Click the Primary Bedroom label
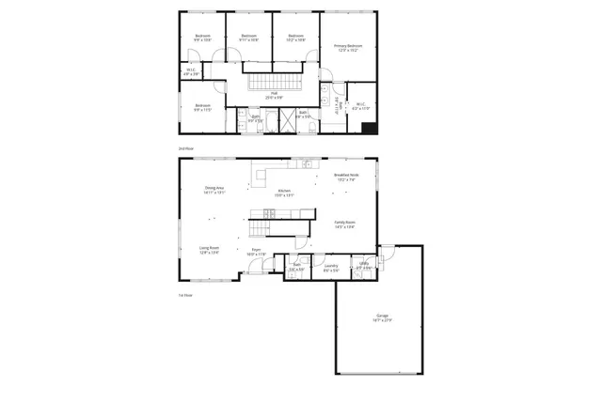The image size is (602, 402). [x=347, y=47]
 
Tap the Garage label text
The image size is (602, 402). [x=382, y=317]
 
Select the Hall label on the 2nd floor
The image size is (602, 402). [x=275, y=94]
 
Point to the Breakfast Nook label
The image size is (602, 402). [x=346, y=177]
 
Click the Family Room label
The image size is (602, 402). [x=344, y=224]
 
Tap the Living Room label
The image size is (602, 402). [x=209, y=251]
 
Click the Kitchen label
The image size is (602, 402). [x=284, y=193]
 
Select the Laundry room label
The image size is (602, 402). [x=330, y=268]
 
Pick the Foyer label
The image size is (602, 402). [x=256, y=252]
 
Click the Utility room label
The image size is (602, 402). [x=363, y=266]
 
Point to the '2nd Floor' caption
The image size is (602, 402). [x=185, y=148]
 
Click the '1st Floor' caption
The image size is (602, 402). [x=185, y=295]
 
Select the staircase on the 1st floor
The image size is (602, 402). [x=261, y=228]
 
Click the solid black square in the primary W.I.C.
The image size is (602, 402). [x=370, y=128]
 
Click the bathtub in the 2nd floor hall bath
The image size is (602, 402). [x=268, y=120]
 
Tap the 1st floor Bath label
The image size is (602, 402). [x=296, y=268]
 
